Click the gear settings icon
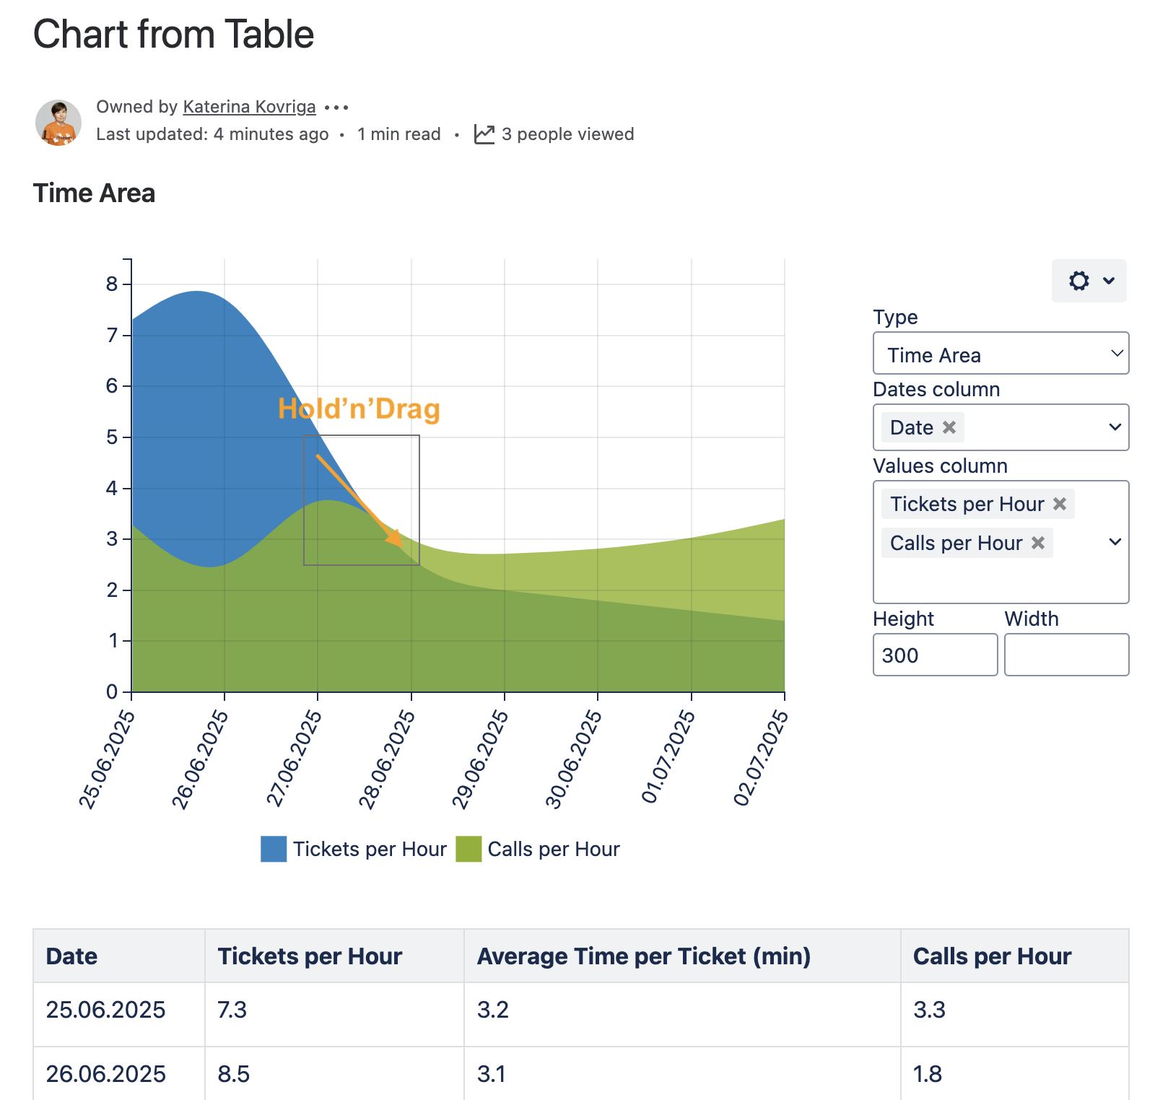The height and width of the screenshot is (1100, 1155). (1079, 281)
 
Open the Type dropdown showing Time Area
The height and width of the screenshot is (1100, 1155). (1001, 354)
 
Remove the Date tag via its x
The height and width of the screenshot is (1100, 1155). (949, 427)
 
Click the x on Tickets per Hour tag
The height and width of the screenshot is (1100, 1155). (1060, 504)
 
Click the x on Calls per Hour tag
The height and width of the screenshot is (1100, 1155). (1038, 543)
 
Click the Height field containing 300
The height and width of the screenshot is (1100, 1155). (935, 655)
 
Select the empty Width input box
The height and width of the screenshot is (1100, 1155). (1066, 655)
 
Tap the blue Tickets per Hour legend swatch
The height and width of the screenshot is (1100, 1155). (274, 849)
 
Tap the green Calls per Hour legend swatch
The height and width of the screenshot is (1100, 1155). (468, 849)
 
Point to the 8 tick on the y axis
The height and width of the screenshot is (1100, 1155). (112, 284)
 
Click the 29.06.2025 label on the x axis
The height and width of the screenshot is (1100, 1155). (479, 759)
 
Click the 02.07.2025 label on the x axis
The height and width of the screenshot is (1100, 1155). (760, 757)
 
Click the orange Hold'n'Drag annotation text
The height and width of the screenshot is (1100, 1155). (359, 409)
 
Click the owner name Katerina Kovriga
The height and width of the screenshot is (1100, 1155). (249, 107)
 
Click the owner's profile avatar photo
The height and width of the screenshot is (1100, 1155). (58, 123)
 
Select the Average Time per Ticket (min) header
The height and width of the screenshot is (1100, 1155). (643, 956)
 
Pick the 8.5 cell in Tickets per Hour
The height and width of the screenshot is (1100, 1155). (234, 1074)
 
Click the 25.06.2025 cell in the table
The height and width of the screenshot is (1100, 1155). (105, 1010)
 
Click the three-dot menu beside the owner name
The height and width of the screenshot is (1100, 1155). (336, 108)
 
